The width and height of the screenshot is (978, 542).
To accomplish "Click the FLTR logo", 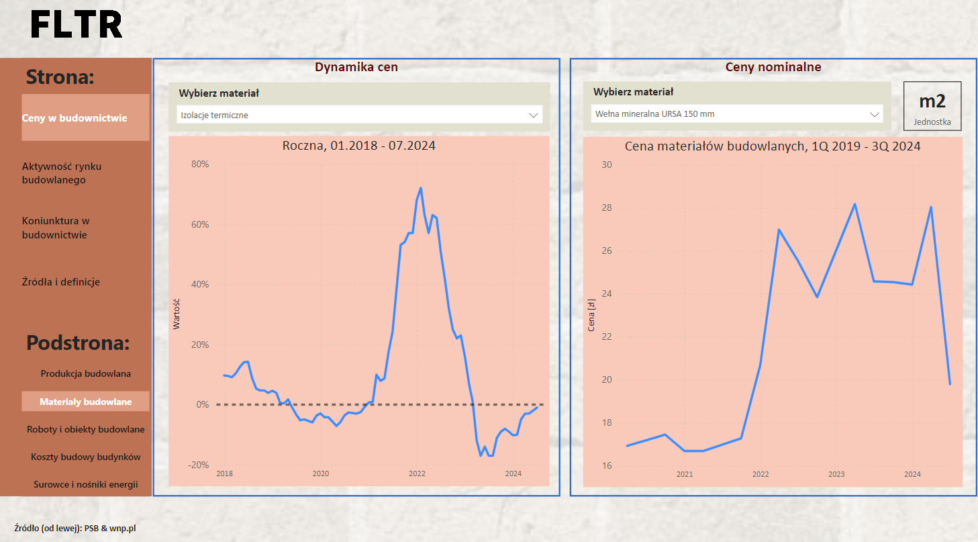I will click(77, 25).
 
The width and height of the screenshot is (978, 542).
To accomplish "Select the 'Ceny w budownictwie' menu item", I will click(75, 118).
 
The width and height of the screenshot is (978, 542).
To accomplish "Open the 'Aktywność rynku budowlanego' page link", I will click(62, 173).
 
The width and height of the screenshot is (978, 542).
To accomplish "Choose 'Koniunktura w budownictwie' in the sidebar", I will click(56, 228).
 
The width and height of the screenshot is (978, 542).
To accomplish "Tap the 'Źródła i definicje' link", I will click(60, 282).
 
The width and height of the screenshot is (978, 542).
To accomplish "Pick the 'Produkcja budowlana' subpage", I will click(85, 373).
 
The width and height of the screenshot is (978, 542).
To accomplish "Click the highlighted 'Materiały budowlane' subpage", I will click(85, 402).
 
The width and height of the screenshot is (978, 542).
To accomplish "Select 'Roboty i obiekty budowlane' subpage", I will click(85, 429).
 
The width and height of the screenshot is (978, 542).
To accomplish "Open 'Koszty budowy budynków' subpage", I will click(85, 457).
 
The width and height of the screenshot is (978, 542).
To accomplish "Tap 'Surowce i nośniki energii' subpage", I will click(85, 484).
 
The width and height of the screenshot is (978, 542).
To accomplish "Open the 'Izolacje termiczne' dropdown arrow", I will click(534, 115).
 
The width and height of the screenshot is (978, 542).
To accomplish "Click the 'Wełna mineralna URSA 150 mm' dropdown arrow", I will click(875, 114).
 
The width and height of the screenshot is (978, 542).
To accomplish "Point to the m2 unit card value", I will click(932, 101).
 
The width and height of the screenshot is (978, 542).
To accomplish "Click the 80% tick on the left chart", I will click(200, 164).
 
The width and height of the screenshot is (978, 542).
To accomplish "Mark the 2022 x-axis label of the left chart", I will click(417, 473).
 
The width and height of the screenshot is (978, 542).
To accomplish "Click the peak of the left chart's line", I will click(420, 188).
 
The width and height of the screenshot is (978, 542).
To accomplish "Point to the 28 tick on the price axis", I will click(607, 208).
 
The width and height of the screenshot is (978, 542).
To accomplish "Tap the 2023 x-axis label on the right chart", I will click(836, 474).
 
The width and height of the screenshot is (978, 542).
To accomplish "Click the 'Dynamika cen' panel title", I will click(356, 67).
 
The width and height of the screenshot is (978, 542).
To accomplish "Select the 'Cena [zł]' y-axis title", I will click(591, 316).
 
